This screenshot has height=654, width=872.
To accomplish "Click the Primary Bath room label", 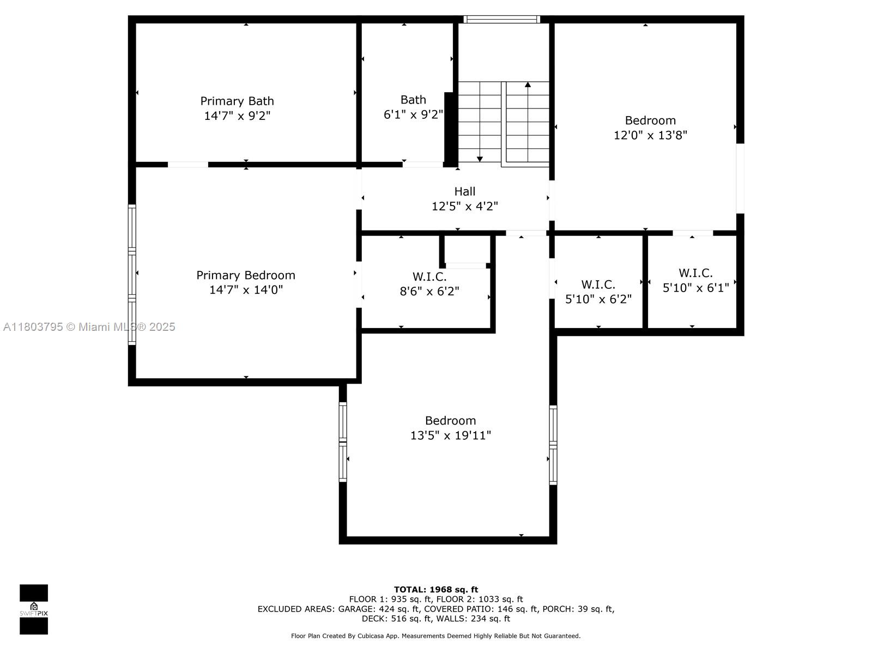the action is click(x=237, y=101).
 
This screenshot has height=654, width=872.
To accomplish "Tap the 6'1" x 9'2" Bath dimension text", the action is click(x=413, y=114).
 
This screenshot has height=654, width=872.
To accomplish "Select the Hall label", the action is click(x=464, y=191).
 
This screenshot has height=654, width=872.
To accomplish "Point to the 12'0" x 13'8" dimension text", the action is click(x=650, y=135).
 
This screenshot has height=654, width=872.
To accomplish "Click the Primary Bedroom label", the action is click(x=245, y=275).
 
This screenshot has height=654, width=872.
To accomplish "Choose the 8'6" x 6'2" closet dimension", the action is click(x=429, y=291).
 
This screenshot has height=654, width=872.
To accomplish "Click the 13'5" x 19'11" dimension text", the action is click(x=450, y=435).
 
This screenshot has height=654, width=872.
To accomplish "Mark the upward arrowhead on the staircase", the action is click(x=528, y=84).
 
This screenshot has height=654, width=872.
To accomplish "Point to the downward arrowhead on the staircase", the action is click(x=480, y=159).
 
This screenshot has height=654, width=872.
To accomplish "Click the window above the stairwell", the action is click(x=502, y=19).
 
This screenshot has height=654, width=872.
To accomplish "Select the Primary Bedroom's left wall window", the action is click(x=132, y=274).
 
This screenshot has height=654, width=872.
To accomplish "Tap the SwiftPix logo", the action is click(x=34, y=609).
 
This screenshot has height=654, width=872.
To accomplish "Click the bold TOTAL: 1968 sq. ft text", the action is click(x=436, y=589).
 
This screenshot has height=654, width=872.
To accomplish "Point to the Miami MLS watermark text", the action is click(x=89, y=327).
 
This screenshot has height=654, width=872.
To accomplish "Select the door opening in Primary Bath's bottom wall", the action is click(x=188, y=165).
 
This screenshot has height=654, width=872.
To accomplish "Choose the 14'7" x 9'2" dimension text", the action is click(x=237, y=116).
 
